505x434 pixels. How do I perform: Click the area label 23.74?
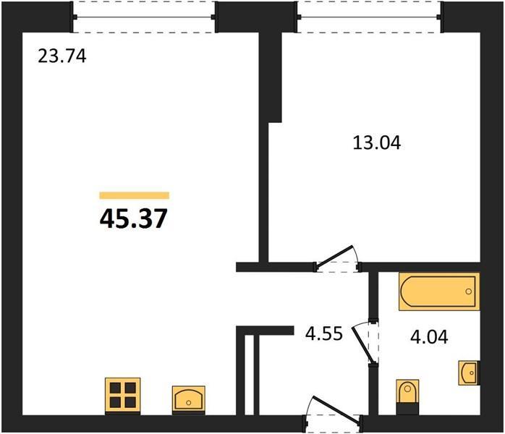(x=62, y=56)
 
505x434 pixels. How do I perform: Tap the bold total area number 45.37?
(x=134, y=218)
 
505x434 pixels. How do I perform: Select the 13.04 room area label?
(x=377, y=142)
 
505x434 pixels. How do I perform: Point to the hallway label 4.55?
(x=324, y=333)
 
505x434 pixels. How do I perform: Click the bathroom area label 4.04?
(x=429, y=337)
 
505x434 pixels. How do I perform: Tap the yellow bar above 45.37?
(x=135, y=195)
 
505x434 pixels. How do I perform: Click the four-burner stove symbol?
(x=123, y=396)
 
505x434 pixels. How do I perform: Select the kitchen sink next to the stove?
(x=188, y=399)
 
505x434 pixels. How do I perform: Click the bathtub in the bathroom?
(x=439, y=292)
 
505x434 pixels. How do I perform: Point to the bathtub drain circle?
(x=469, y=292)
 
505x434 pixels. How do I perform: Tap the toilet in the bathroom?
(x=407, y=396)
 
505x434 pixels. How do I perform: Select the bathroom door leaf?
(x=363, y=345)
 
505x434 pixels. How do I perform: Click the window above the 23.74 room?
(x=144, y=17)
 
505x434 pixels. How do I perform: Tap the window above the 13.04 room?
(x=369, y=17)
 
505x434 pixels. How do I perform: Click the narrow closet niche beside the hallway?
(x=249, y=375)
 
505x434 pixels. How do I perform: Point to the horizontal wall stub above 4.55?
(x=265, y=331)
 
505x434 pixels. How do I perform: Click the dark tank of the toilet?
(x=407, y=409)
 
